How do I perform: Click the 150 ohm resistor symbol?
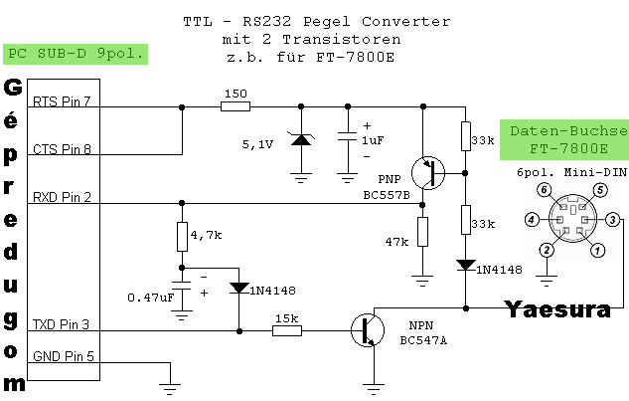(x=236, y=105)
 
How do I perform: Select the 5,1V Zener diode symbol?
(x=299, y=140)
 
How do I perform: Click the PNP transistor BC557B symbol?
(x=429, y=171)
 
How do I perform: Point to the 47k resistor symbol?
(x=423, y=232)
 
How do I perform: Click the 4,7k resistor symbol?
(x=181, y=237)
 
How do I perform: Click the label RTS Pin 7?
(x=62, y=101)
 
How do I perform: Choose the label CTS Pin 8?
(x=62, y=149)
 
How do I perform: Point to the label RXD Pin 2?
(x=62, y=197)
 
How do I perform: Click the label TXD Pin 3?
(x=62, y=324)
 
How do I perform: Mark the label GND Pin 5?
(x=62, y=356)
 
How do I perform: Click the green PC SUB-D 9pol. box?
(x=76, y=54)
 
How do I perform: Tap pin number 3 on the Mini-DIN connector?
(x=613, y=219)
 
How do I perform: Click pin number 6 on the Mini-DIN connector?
(x=544, y=188)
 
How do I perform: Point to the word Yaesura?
(x=557, y=309)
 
